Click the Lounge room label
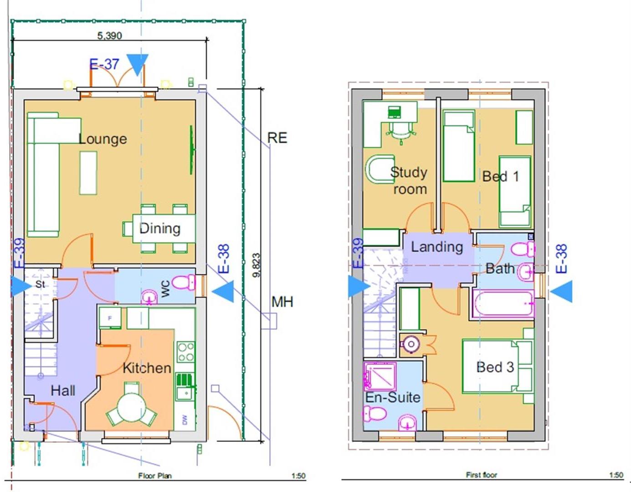click(x=103, y=139)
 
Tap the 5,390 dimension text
click(x=109, y=36)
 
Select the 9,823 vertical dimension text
click(x=256, y=265)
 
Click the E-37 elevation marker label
click(x=104, y=64)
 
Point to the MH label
click(x=282, y=302)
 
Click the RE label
click(x=277, y=138)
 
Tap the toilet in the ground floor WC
click(x=184, y=282)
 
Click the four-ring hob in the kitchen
click(x=186, y=352)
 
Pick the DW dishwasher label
click(x=185, y=419)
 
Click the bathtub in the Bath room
click(x=503, y=303)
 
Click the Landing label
click(x=437, y=247)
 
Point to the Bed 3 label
click(x=495, y=367)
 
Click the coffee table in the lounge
click(x=88, y=173)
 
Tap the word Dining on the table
click(x=160, y=228)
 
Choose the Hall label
click(x=63, y=390)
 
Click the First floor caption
click(x=482, y=475)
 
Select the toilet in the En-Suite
click(x=374, y=414)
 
